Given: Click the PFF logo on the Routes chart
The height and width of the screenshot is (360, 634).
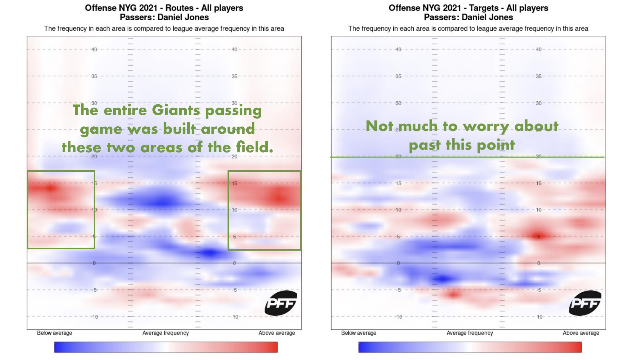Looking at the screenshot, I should click(x=281, y=303).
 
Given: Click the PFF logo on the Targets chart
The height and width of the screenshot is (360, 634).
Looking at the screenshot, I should click(x=585, y=303).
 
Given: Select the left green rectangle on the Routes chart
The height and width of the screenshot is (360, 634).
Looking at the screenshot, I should click(x=61, y=210).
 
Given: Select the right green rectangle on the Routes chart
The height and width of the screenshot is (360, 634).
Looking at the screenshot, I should click(x=265, y=210).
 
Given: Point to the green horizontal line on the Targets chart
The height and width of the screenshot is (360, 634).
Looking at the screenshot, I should click(x=467, y=157).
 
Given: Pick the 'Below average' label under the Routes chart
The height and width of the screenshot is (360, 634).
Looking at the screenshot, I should click(x=54, y=333).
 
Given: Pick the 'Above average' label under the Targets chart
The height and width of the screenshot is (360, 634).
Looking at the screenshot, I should click(x=581, y=333).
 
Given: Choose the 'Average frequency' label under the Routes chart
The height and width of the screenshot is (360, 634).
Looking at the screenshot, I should click(x=166, y=333).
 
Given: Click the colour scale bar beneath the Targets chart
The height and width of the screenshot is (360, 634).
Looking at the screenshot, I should click(x=470, y=347).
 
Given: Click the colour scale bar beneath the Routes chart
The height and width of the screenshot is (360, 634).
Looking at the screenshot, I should click(x=166, y=347).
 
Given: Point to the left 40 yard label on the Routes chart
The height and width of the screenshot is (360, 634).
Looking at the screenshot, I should click(x=94, y=49).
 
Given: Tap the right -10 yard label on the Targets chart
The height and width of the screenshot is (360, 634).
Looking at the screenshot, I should click(x=539, y=317).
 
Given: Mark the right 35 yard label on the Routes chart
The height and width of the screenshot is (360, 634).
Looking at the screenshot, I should click(x=234, y=76).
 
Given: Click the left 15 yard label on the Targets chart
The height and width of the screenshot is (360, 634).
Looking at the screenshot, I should click(x=398, y=183).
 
